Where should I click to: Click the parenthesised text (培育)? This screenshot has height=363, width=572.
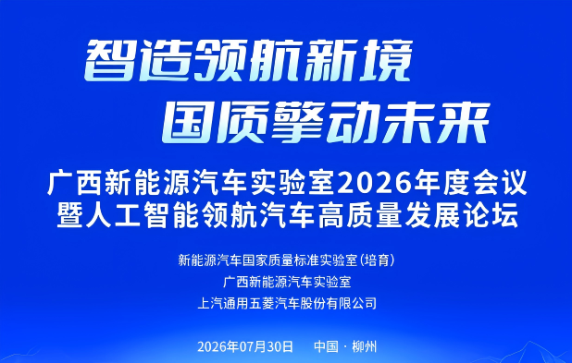378,260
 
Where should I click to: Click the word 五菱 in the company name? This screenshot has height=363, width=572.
262,303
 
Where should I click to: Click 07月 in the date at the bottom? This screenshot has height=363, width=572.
253,346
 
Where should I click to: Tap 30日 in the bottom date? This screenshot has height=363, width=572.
280,346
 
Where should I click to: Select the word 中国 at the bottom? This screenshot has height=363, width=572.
327,346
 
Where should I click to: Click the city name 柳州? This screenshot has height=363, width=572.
365,346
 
